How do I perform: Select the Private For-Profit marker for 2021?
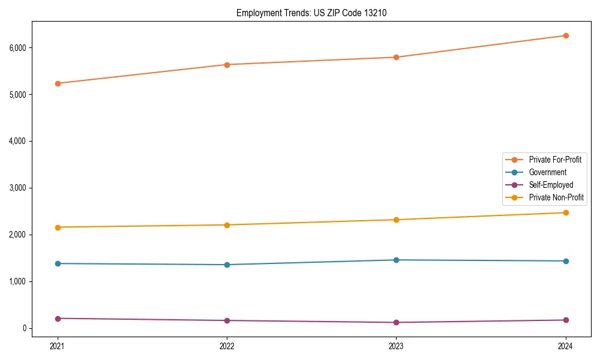coord(58,83)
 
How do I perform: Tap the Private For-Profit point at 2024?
coord(565,35)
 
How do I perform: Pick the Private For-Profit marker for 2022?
coord(227,65)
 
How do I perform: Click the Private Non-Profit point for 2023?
coord(396,220)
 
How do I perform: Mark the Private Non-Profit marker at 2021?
coord(58,227)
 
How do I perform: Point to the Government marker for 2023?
coord(396,260)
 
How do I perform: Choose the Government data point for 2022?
coord(227,265)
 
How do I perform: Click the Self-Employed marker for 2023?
coord(396,322)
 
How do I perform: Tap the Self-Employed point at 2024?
coord(565,320)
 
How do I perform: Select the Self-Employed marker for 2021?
coord(58,319)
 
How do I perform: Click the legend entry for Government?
coord(547,172)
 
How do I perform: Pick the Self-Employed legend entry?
coord(551,185)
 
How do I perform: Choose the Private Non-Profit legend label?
coord(556,197)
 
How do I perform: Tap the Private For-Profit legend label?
coord(555,160)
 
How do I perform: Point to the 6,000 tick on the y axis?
coord(17,47)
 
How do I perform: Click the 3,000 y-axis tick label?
coord(17,188)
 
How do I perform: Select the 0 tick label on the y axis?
coord(24,328)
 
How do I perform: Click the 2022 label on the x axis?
coord(227,346)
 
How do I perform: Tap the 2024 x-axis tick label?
coord(565,346)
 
